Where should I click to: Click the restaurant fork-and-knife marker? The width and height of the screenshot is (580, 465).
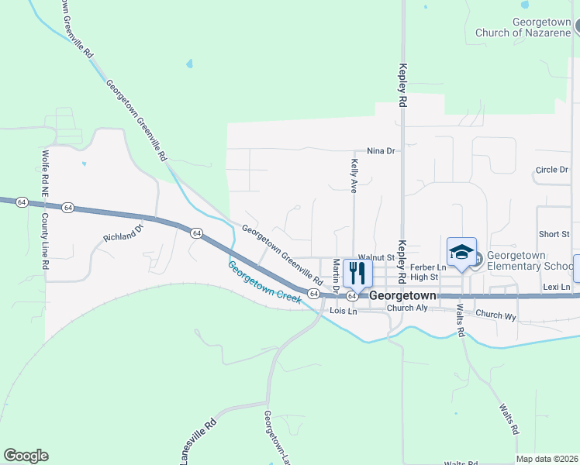pyautogui.click(x=357, y=272)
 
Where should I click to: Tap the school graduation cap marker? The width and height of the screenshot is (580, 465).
pyautogui.click(x=461, y=253)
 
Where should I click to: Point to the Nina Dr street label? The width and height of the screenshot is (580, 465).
pyautogui.click(x=381, y=150)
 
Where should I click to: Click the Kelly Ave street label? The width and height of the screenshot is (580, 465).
pyautogui.click(x=354, y=176)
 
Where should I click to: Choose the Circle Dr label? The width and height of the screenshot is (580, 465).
pyautogui.click(x=552, y=170)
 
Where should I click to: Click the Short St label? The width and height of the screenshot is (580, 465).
pyautogui.click(x=554, y=234)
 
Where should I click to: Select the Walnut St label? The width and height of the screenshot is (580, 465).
pyautogui.click(x=377, y=257)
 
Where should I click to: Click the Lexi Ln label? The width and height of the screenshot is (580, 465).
pyautogui.click(x=557, y=288)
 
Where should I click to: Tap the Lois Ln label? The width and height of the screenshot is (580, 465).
pyautogui.click(x=343, y=311)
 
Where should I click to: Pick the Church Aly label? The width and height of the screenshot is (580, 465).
pyautogui.click(x=407, y=308)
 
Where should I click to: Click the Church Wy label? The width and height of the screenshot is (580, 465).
pyautogui.click(x=496, y=315)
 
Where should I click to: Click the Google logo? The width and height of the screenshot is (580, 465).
pyautogui.click(x=26, y=456)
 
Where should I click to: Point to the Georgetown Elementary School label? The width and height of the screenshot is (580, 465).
pyautogui.click(x=527, y=260)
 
